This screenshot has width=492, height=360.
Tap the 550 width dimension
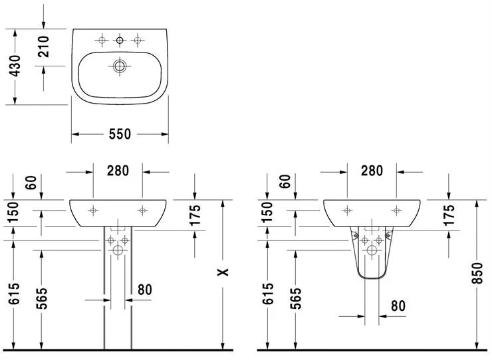click(120, 134)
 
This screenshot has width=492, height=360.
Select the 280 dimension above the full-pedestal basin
click(118, 171)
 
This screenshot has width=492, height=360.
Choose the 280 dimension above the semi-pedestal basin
click(372, 171)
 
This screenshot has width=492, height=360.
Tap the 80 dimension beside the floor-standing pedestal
click(146, 290)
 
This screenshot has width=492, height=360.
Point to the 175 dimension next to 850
click(449, 216)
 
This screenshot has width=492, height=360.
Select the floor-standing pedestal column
click(118, 299)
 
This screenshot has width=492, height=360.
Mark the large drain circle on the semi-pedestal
click(372, 251)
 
